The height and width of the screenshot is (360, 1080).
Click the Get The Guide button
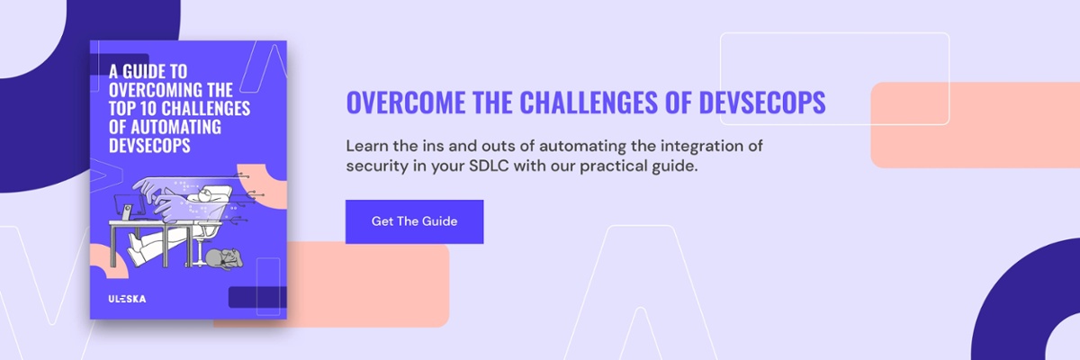pyautogui.click(x=414, y=221)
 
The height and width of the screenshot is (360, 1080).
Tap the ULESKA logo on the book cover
pyautogui.click(x=127, y=299)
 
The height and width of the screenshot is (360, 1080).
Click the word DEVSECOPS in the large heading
pyautogui.click(x=761, y=102)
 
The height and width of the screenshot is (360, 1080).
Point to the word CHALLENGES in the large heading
pyautogui.click(x=589, y=102)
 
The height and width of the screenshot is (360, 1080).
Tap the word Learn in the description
pyautogui.click(x=367, y=146)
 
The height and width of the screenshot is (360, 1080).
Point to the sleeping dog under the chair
pyautogui.click(x=224, y=258)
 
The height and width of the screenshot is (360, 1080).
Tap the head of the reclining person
pyautogui.click(x=205, y=195)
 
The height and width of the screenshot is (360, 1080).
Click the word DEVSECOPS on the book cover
pyautogui.click(x=149, y=146)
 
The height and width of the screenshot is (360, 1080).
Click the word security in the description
pyautogui.click(x=376, y=166)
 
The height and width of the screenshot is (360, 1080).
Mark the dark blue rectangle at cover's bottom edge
pyautogui.click(x=257, y=297)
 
